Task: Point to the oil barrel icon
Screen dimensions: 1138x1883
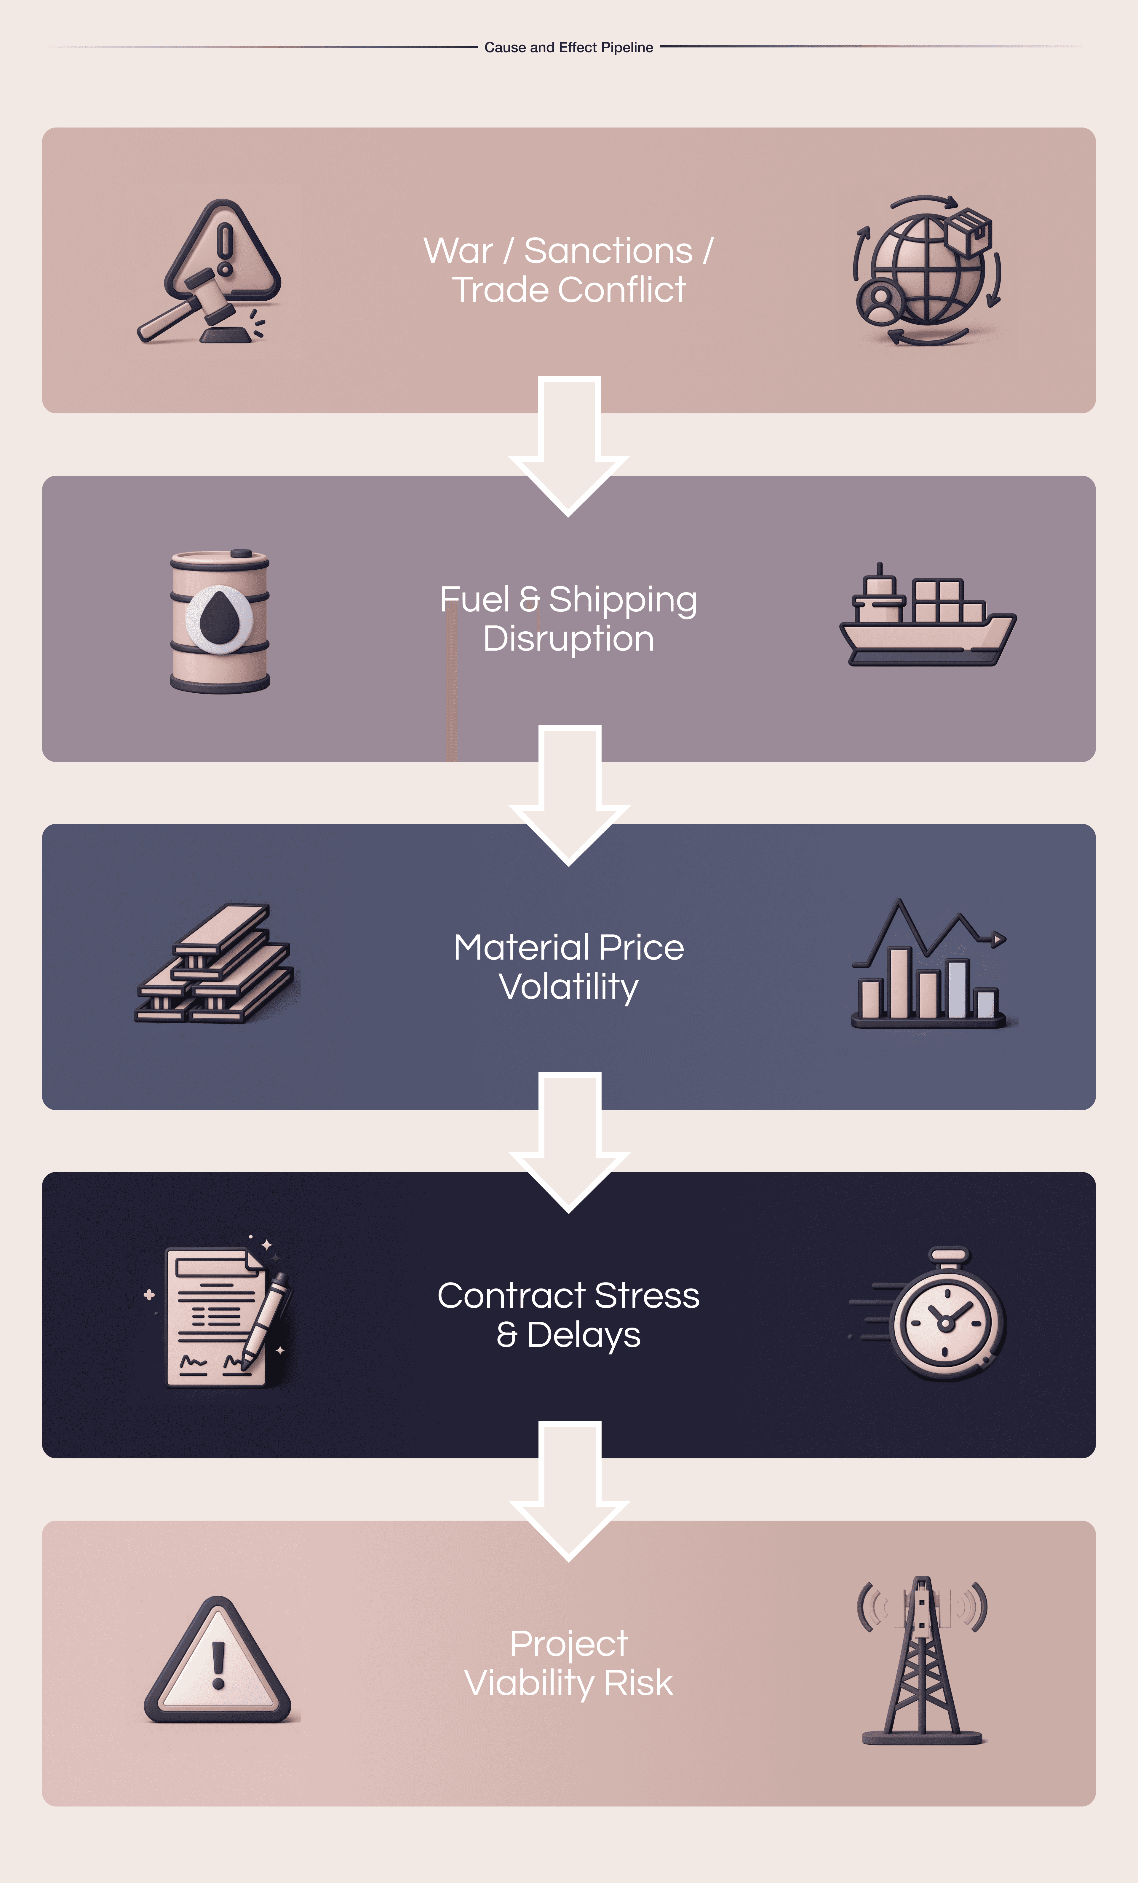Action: click(x=220, y=621)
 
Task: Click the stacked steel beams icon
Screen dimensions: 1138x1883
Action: click(x=215, y=964)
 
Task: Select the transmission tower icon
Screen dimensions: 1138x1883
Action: click(x=923, y=1662)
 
